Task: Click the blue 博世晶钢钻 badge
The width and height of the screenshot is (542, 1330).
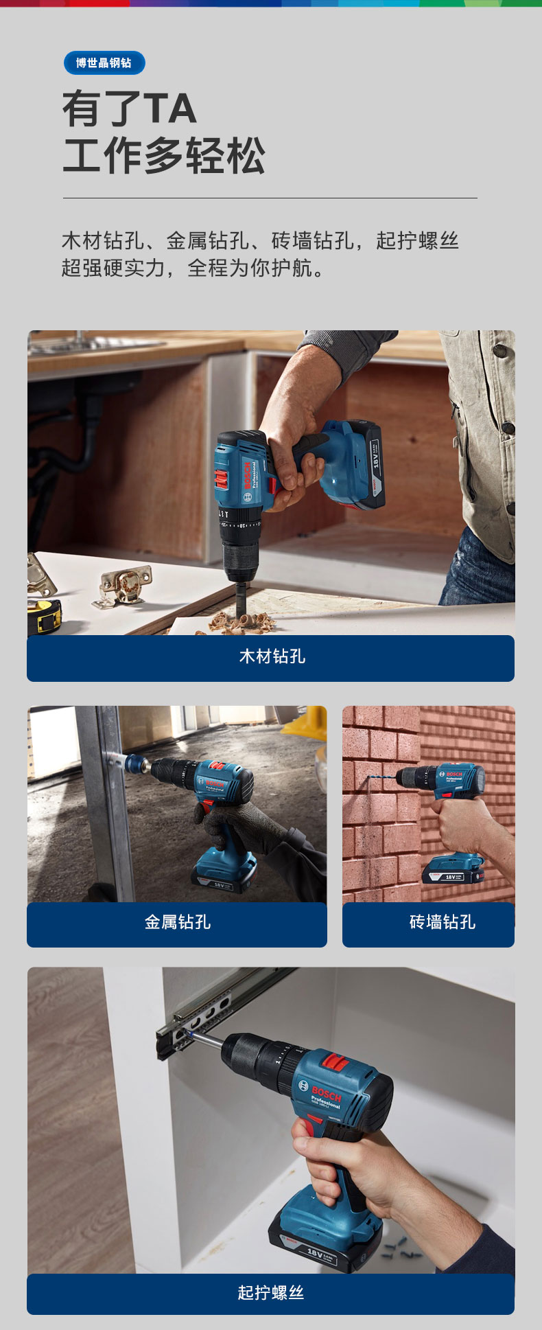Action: pyautogui.click(x=104, y=63)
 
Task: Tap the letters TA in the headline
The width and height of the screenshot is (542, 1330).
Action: pyautogui.click(x=169, y=109)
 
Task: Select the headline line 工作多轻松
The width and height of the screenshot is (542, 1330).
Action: pyautogui.click(x=164, y=155)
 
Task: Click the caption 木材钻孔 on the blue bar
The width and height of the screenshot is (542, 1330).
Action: pyautogui.click(x=272, y=656)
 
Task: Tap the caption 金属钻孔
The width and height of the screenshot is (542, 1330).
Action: pyautogui.click(x=177, y=922)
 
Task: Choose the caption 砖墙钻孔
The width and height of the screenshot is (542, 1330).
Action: pyautogui.click(x=442, y=922)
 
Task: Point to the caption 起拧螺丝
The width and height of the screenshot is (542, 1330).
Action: pyautogui.click(x=270, y=1293)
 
